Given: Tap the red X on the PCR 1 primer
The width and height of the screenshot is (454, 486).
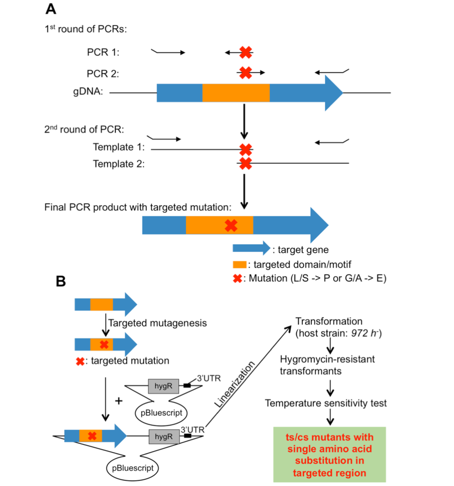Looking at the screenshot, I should coord(245,52).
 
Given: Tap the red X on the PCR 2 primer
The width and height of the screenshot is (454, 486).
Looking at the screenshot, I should coord(245,72).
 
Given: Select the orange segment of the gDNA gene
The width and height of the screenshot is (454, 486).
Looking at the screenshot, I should coord(236,93).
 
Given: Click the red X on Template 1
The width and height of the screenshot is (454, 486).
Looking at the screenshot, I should coord(245,149).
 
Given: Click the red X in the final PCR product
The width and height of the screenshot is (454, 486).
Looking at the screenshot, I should coord(231,226).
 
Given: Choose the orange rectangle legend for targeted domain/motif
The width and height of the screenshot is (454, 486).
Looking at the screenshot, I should coord(239,264).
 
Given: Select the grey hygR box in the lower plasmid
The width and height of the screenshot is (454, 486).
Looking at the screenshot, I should coord(163,436).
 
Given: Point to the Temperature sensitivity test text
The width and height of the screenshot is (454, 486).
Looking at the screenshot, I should coord(326,403).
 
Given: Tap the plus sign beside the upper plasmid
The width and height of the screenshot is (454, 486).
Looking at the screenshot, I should coord(119,400).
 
